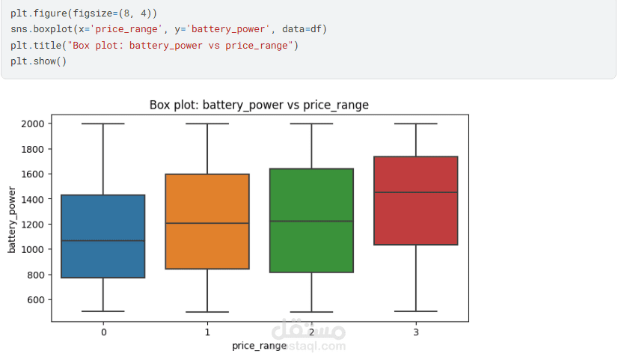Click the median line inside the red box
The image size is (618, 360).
pos(415,192)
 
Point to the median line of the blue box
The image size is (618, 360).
pos(103,241)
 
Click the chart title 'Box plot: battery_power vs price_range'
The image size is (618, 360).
pos(259,105)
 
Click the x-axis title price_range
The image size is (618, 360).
pos(259,346)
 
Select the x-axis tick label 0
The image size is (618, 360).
pos(103,332)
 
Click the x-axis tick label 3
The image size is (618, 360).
pos(415,332)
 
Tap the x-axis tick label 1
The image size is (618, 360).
pos(207,332)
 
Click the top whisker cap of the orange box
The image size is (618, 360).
pos(207,123)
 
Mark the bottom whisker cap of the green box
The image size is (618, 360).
pos(311,312)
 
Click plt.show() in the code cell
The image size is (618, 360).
pos(38,61)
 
